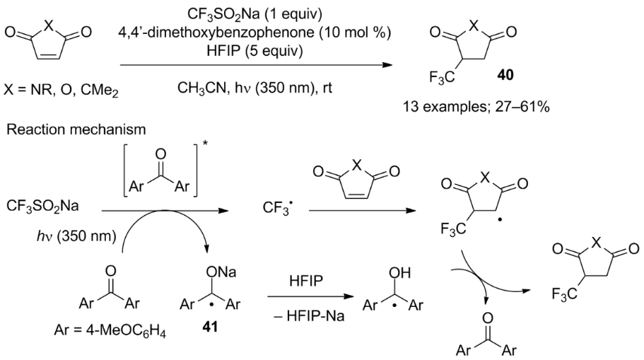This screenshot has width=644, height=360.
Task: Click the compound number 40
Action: coord(505,75)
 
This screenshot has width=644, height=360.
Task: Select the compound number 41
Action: coord(210,327)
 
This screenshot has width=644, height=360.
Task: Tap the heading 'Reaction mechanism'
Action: coord(76,129)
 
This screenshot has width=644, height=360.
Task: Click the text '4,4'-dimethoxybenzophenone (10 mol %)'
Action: coord(254,33)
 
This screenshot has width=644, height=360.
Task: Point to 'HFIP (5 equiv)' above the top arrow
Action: coord(254,51)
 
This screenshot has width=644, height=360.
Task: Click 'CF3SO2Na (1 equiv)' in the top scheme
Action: coord(254,14)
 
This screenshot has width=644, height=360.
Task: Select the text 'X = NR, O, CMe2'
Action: coord(61,90)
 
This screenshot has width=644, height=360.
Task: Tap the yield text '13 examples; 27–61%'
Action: coord(476,107)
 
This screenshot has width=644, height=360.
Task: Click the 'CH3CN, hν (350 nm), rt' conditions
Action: coord(254,88)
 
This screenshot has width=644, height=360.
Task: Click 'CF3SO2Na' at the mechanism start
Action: coord(42,206)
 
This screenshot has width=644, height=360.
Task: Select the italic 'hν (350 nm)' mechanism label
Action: coord(76,236)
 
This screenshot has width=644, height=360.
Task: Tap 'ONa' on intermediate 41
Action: coord(221,272)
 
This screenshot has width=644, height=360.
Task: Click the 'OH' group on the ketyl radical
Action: coord(399,273)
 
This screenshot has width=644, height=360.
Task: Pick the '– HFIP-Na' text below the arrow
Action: coord(308,316)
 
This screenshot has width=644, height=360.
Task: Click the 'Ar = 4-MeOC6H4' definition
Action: coord(110,330)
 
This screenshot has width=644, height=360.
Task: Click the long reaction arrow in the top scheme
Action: coord(257,65)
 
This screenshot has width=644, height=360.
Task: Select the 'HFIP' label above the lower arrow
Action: coord(306,281)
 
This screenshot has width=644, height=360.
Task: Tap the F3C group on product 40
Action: coord(442,77)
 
